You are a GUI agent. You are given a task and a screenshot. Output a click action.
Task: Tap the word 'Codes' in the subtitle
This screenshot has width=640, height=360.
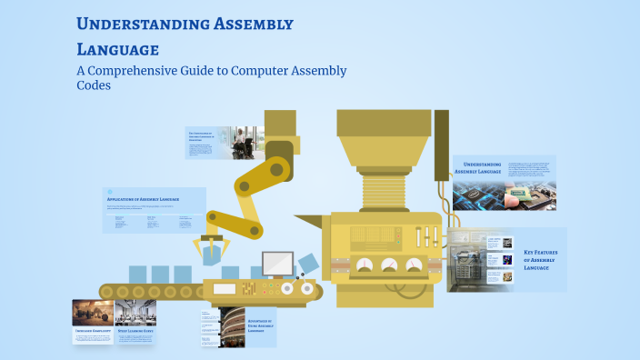(x=95, y=86)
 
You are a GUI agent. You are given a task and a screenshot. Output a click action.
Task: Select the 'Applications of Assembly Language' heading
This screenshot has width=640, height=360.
(x=143, y=198)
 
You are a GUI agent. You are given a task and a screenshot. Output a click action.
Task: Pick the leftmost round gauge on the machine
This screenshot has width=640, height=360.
(x=365, y=265)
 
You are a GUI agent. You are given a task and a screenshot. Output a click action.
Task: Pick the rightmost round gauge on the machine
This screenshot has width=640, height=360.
(x=415, y=265)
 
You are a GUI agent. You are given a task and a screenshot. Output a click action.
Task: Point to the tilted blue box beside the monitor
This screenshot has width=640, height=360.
(x=307, y=265)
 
